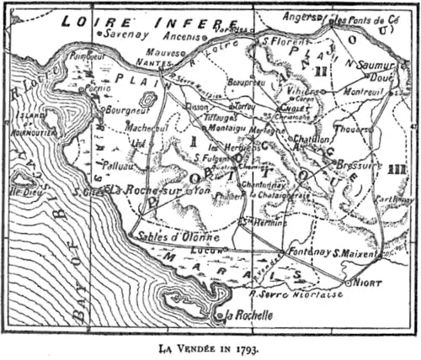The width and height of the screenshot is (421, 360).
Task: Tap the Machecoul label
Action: pyautogui.click(x=145, y=125)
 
